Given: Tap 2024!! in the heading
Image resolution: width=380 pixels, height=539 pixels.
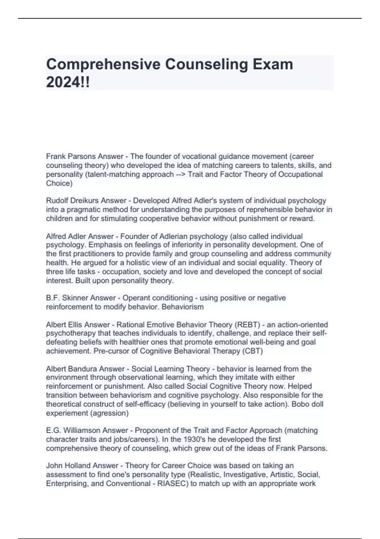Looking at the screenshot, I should (x=68, y=82).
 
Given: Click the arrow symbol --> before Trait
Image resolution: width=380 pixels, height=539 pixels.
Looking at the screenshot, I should (x=180, y=174).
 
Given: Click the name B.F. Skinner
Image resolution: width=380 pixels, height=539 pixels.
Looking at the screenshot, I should (x=67, y=298).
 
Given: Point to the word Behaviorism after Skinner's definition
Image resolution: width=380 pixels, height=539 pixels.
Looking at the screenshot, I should (x=183, y=307).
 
